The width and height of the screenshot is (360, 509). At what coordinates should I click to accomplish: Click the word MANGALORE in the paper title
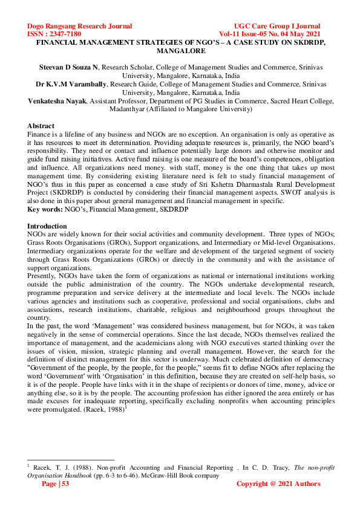coord(180,52)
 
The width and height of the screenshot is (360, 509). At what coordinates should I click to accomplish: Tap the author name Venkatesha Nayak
coord(58,102)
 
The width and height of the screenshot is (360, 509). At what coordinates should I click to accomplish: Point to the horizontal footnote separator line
coord(71,460)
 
